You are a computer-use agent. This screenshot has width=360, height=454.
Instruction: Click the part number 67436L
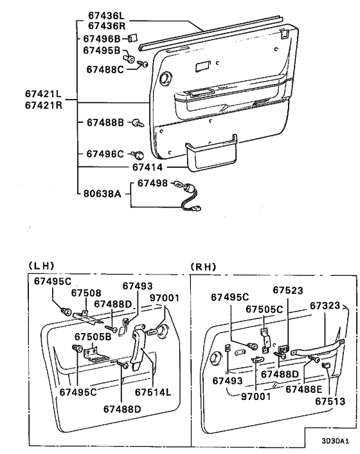[x=106, y=15]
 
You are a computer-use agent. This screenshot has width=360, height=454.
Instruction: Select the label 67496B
[x=102, y=39]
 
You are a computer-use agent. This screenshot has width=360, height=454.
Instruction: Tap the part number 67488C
[x=105, y=69]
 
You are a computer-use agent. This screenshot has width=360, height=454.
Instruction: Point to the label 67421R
[x=44, y=105]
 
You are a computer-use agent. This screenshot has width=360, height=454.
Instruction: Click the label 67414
[x=148, y=167]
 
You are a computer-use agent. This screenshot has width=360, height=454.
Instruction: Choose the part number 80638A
[x=102, y=193]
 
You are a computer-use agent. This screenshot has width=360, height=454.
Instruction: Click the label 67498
[x=152, y=183]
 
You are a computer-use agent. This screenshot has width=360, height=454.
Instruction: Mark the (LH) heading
[x=41, y=266]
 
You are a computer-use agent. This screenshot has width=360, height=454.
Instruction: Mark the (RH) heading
[x=203, y=266]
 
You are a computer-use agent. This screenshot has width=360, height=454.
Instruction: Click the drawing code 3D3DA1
[x=335, y=441]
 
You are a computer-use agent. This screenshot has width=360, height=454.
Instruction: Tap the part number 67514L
[x=153, y=392]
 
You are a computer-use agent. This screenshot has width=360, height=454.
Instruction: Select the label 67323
[x=325, y=305]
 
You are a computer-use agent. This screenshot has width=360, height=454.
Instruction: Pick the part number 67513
[x=330, y=401]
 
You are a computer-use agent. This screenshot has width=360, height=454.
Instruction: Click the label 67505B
[x=93, y=337]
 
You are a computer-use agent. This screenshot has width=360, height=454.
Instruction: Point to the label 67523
[x=288, y=291]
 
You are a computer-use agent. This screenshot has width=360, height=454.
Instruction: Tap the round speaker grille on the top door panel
[x=166, y=78]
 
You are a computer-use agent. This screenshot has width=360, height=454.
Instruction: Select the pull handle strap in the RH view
[x=318, y=347]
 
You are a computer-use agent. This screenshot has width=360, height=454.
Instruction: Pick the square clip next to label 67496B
[x=133, y=38]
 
